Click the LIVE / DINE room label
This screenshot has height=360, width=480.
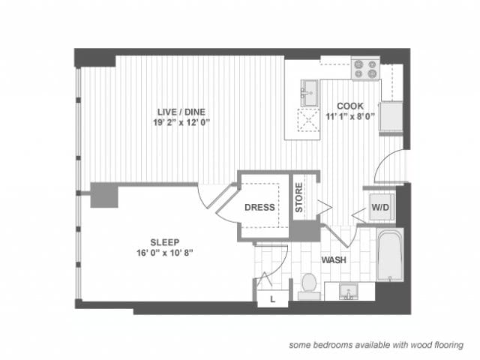point(175,112)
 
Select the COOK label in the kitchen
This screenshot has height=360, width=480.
point(349,106)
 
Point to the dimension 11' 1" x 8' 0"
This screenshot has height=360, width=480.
point(349,117)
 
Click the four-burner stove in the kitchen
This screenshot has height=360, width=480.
point(365,69)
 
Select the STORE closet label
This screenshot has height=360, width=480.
point(298,198)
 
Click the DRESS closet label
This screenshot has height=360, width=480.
point(259,208)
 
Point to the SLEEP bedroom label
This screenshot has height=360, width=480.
point(164,242)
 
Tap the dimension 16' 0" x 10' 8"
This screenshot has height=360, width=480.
point(164,253)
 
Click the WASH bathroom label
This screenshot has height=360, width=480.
point(334,260)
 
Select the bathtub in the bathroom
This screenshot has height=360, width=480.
point(390,257)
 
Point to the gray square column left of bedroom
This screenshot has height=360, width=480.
point(104,195)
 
